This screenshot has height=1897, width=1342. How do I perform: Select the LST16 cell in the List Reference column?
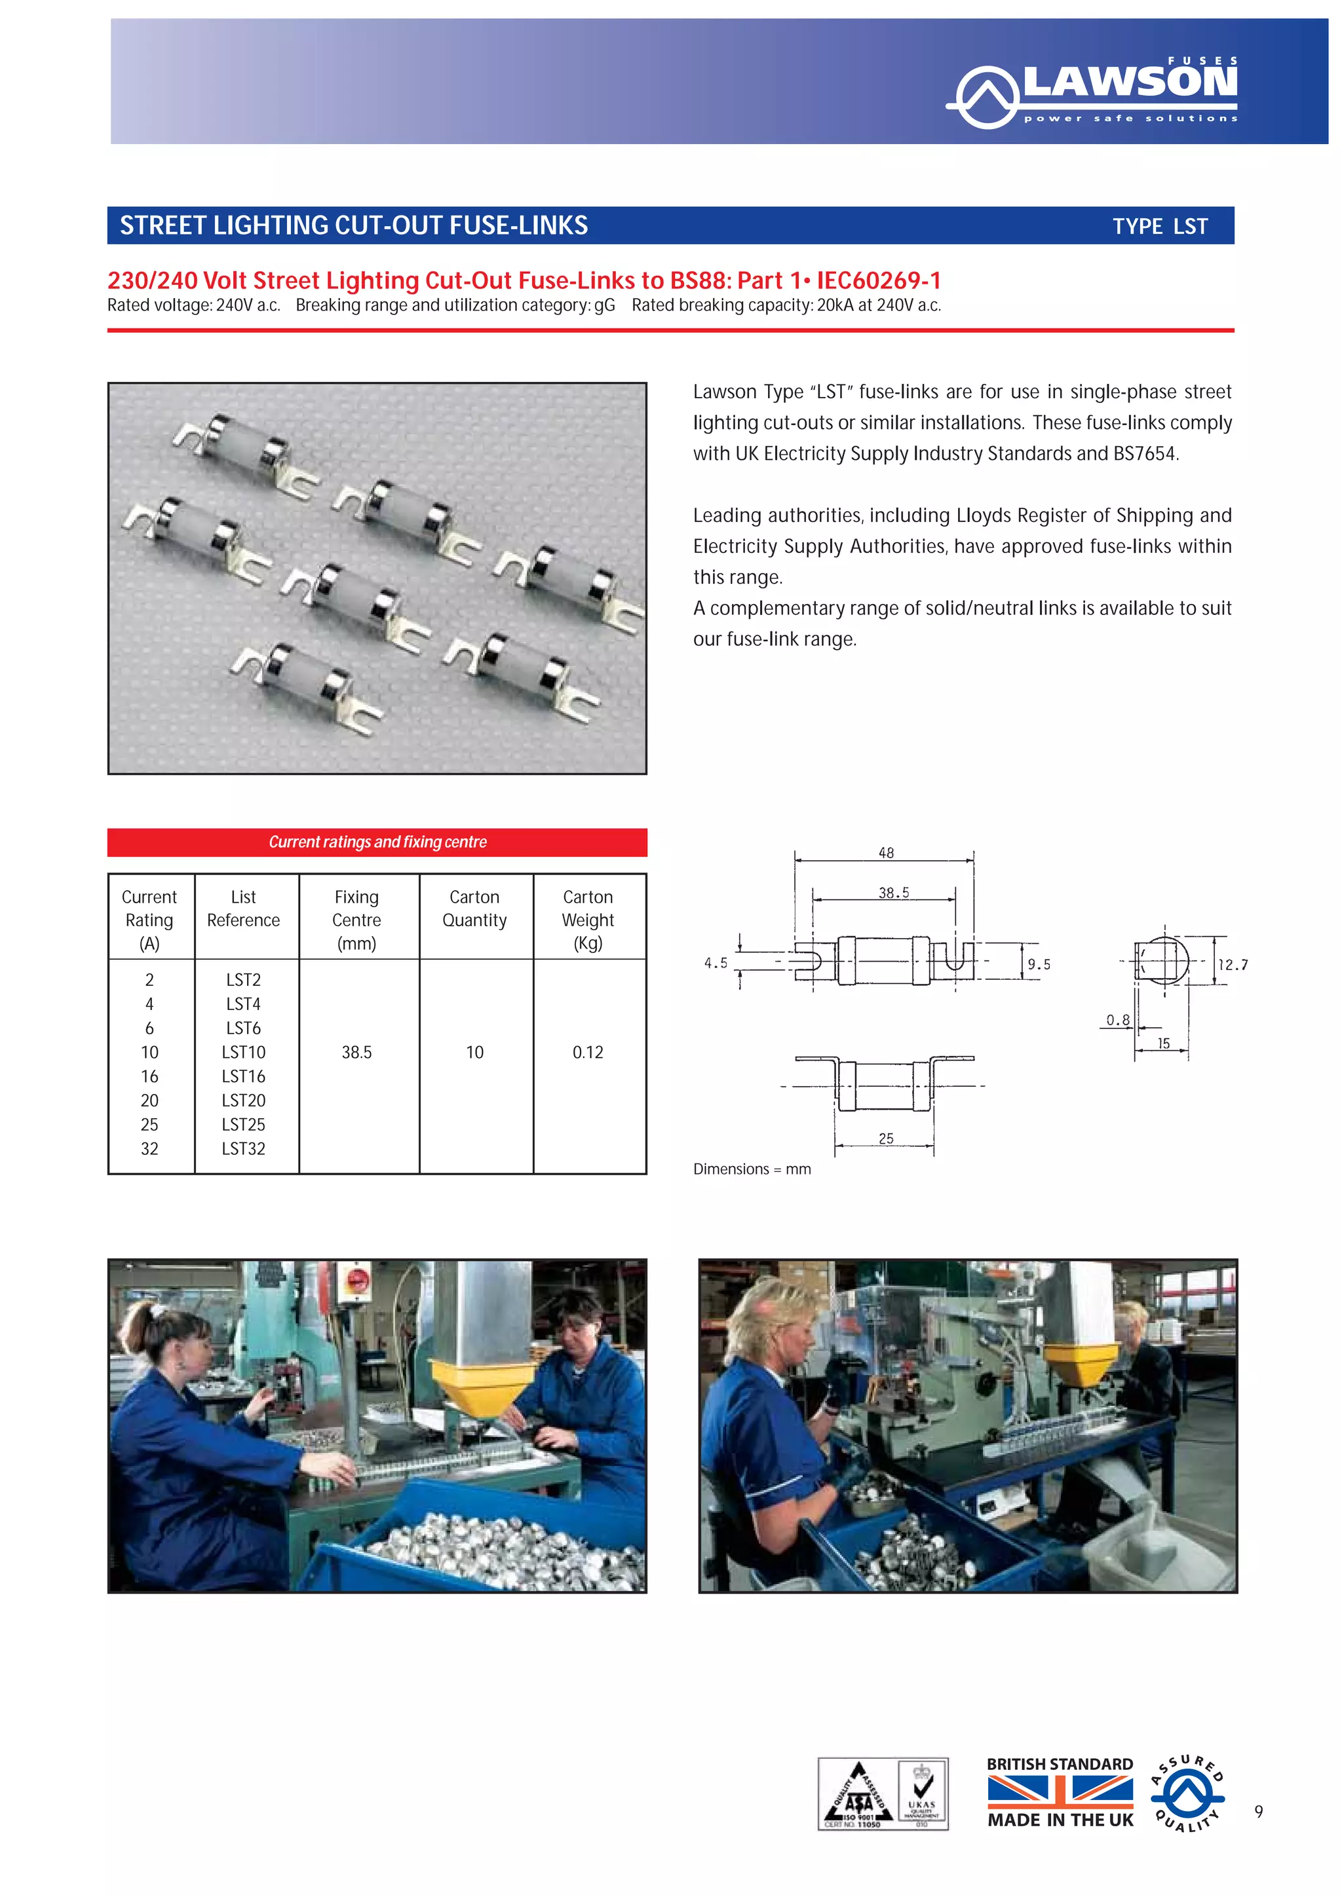pos(243,1076)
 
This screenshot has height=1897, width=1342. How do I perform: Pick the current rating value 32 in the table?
pos(149,1148)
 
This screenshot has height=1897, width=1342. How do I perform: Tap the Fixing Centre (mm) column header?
pos(356,920)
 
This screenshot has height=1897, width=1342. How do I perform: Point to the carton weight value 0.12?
pos(588,1052)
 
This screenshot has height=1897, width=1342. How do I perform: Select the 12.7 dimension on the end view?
pos(1233,964)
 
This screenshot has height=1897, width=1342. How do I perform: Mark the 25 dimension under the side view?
pos(886,1138)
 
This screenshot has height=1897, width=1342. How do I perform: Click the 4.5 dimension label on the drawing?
pos(716,962)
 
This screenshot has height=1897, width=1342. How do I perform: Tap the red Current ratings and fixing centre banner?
pos(377,842)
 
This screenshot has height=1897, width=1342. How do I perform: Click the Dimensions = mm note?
pos(752,1169)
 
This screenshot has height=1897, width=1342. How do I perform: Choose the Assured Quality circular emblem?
pos(1187,1793)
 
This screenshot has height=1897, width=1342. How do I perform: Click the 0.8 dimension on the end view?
pos(1117,1019)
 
